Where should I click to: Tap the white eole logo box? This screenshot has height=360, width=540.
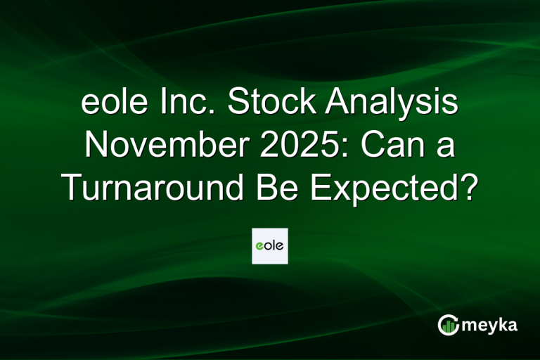[x=270, y=245]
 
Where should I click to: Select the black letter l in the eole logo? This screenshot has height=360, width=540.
[x=274, y=245]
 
